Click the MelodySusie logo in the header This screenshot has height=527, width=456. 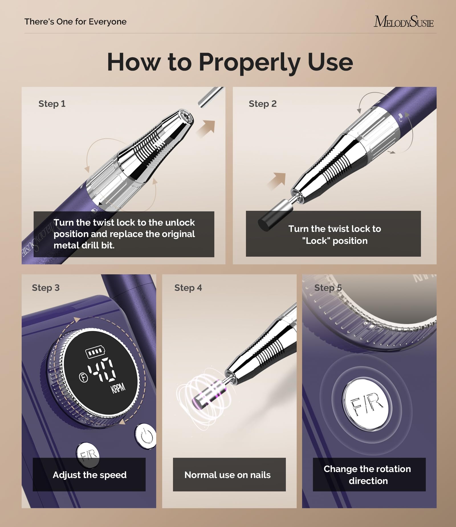pos(404,21)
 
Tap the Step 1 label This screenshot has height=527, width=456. pos(52,104)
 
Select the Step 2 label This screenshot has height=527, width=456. pos(262,104)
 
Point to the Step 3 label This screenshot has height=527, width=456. pos(46,288)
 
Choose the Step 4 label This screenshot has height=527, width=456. pos(188,288)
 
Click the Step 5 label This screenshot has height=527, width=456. pos(328,288)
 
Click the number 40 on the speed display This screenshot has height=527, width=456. pos(102,369)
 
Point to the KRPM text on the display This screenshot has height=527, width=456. pos(118,388)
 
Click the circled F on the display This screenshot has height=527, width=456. pos(83,377)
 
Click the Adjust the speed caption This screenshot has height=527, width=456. pos(89,475)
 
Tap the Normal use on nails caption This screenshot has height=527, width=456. pos(227,475)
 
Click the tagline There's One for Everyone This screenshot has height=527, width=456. pos(76,22)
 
